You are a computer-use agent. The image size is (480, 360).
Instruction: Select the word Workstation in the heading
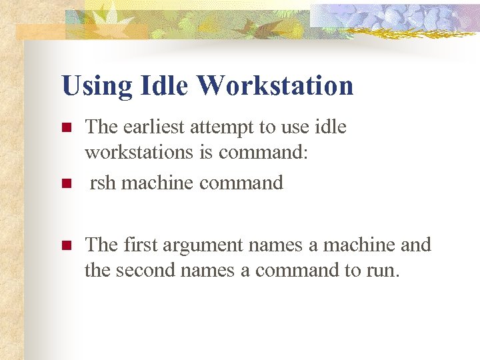click(275, 87)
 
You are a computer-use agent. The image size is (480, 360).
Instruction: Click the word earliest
click(151, 127)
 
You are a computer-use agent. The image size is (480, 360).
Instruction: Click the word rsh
click(103, 182)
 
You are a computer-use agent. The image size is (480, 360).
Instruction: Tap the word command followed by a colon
click(263, 153)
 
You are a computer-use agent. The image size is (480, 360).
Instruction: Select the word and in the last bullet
click(416, 245)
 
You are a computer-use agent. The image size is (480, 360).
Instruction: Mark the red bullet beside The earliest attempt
click(65, 127)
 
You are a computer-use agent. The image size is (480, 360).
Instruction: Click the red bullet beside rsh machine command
click(65, 183)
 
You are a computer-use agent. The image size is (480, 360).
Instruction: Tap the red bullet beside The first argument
click(65, 245)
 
